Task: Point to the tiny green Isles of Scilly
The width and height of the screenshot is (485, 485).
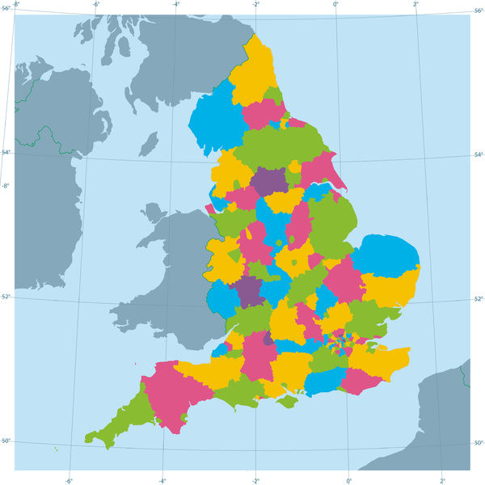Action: (x=56, y=449)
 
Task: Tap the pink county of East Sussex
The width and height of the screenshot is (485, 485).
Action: (x=361, y=380)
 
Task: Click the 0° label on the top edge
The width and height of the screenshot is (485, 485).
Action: (x=336, y=4)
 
